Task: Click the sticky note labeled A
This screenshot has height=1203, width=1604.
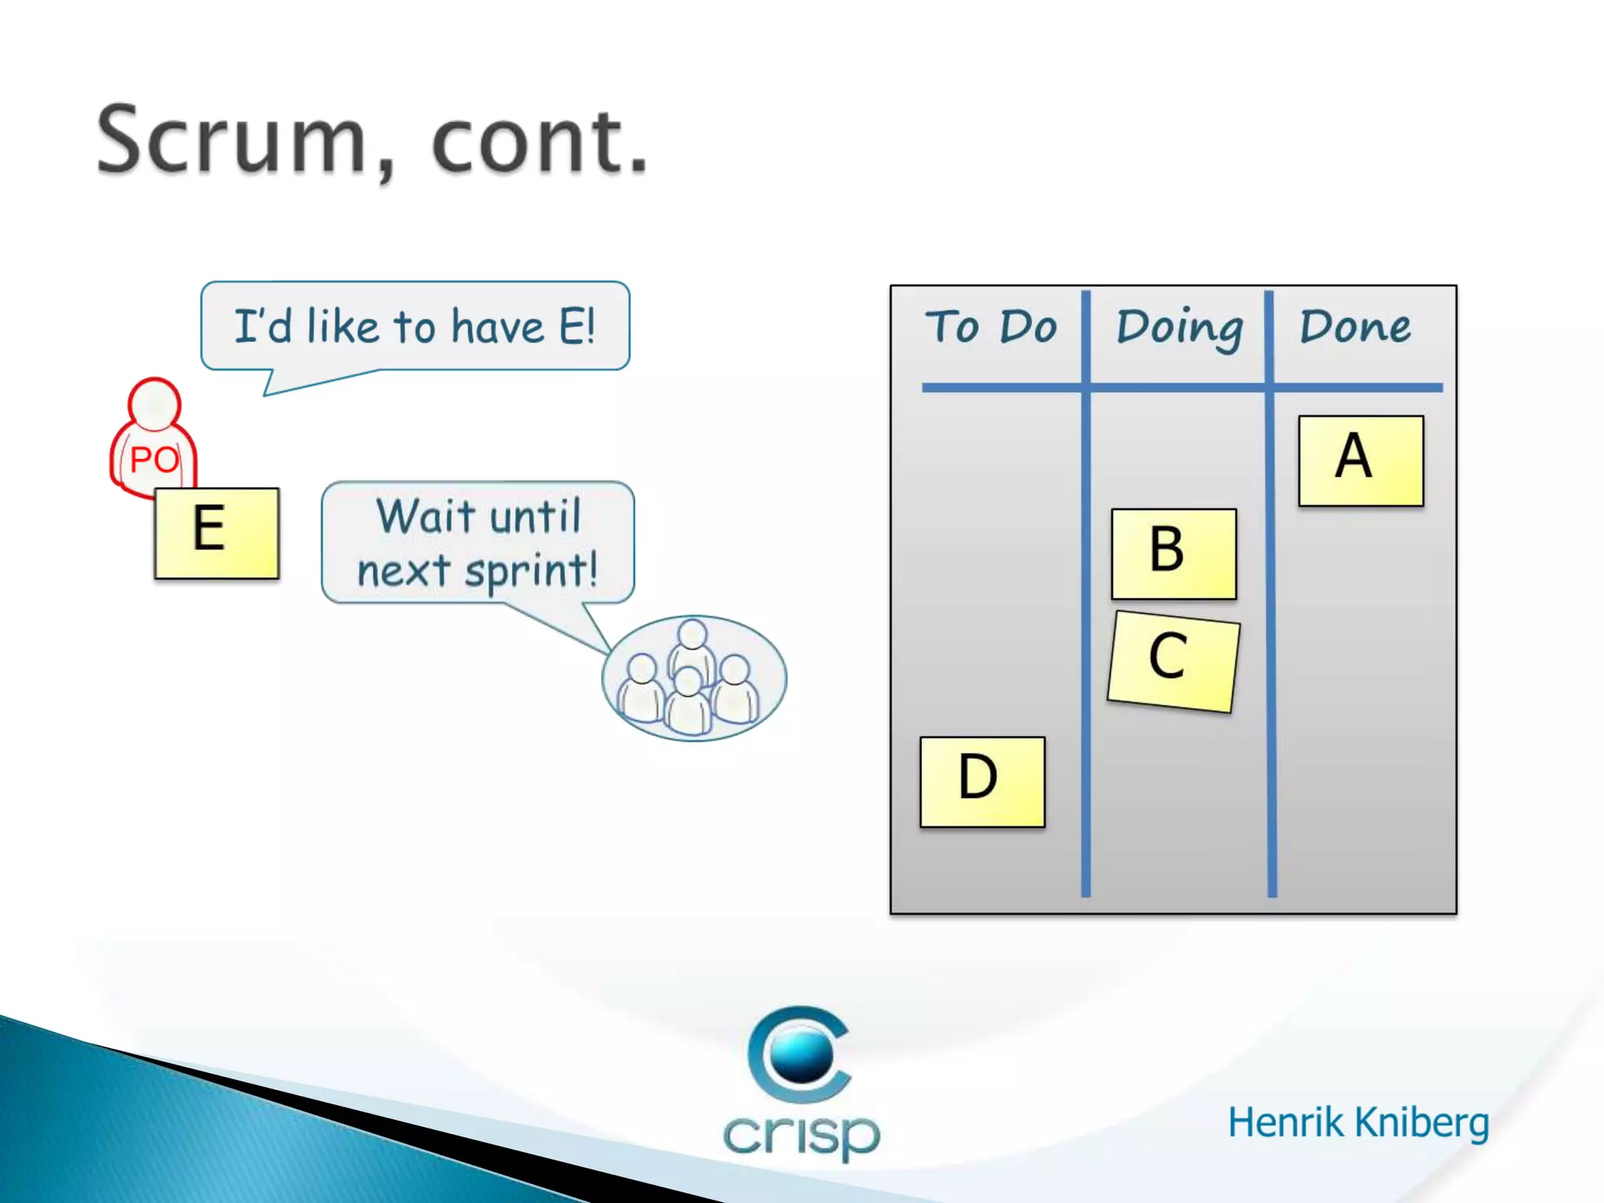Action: pos(1360,461)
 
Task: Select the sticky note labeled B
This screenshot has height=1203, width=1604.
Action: pos(1173,553)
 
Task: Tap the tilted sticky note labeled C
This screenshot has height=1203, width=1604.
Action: pos(1173,660)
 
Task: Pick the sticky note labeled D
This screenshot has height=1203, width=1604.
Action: pos(982,781)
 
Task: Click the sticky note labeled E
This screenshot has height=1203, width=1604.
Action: pos(217,533)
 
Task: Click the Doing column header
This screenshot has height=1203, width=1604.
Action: pos(1179,327)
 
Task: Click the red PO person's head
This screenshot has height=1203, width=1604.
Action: pos(154,403)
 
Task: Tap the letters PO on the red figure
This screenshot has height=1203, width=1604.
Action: pos(154,460)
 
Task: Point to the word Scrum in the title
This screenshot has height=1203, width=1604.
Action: pos(232,141)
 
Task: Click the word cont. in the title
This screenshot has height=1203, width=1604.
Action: pos(540,141)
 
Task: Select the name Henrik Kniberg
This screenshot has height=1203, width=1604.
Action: pos(1357,1122)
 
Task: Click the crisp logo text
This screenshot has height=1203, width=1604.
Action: pos(801,1133)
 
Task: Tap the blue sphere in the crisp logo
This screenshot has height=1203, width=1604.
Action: pos(800,1053)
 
